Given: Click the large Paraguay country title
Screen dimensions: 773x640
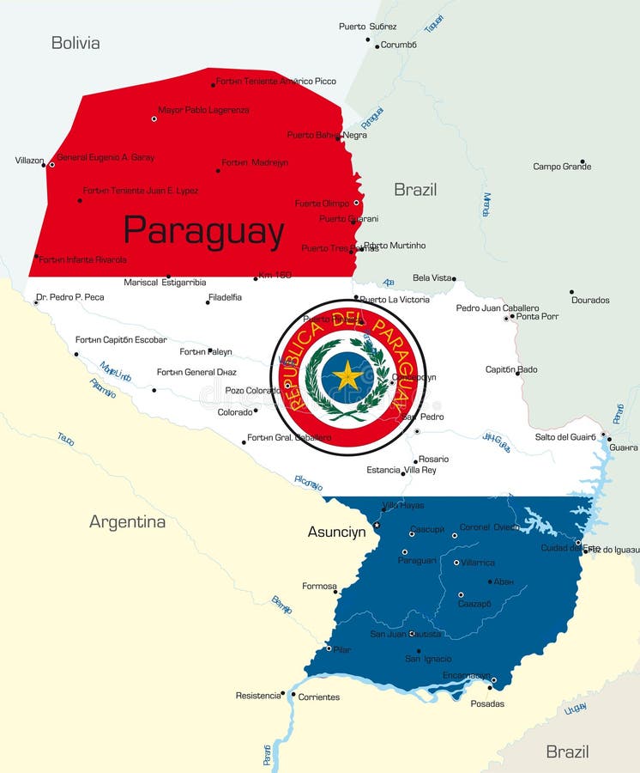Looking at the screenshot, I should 203,231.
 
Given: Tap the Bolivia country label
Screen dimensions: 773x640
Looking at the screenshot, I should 75,43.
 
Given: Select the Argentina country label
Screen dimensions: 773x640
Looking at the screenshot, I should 128,521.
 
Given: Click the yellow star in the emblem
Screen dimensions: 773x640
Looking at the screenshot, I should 347,375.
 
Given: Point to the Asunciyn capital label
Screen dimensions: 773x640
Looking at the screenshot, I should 336,533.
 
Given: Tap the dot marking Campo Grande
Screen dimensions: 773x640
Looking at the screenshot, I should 582,161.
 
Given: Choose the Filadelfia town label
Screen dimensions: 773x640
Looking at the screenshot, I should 225,297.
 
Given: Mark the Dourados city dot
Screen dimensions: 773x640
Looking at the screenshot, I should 572,291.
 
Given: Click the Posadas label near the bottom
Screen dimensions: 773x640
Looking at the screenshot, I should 487,704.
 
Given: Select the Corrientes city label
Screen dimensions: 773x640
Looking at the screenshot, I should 318,697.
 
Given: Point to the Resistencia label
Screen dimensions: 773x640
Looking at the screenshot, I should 258,696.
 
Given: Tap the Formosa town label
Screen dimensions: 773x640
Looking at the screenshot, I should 319,587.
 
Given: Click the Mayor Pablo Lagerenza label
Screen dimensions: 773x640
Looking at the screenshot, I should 203,110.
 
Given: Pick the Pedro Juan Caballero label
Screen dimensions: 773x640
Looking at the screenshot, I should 498,308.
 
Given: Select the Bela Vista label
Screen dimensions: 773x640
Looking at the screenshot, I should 432,278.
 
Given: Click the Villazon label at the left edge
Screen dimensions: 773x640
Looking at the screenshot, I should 29,161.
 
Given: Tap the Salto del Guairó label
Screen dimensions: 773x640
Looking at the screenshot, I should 565,437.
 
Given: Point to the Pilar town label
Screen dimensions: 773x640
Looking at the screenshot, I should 341,650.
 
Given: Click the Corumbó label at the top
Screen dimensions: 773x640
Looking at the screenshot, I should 399,45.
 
